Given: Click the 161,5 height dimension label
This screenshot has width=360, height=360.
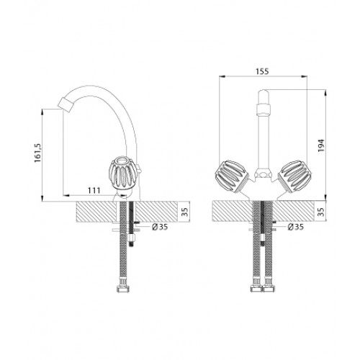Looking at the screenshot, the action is point(38,153).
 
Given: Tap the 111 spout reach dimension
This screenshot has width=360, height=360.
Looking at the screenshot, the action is point(94,190).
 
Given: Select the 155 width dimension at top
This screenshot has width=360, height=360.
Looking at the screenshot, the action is point(262,71).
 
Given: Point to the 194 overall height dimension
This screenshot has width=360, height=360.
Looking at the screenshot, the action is point(321,145).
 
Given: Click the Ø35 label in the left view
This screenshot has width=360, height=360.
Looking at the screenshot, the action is point(160,227).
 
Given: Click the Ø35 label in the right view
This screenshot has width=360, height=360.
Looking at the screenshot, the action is point(296,227).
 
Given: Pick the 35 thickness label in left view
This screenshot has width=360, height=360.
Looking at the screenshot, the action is point(184,212).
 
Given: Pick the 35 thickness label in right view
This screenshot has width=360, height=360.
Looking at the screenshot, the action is point(321,212).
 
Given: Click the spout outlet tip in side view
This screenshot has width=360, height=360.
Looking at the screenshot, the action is point(65,105).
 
